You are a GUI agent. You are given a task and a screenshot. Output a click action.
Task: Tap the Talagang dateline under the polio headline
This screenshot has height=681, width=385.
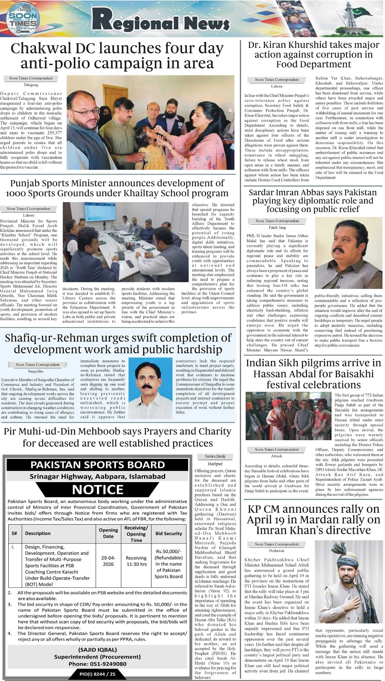coord(31,85)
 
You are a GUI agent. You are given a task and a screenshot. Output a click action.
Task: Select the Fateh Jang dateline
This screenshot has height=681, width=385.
coord(277,227)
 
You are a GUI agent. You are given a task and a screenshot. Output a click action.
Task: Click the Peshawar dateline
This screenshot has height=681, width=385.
coord(277,551)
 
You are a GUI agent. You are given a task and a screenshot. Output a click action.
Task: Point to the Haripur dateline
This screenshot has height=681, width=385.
coord(215,464)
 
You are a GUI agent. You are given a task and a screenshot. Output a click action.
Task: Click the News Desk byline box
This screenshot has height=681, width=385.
coord(215,456)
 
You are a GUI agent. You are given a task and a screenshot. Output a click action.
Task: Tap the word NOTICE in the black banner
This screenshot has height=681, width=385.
coord(98,489)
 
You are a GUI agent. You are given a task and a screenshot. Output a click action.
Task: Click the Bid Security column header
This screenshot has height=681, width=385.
coord(169,534)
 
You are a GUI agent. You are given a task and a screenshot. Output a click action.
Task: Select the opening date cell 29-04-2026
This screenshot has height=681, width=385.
coord(108,561)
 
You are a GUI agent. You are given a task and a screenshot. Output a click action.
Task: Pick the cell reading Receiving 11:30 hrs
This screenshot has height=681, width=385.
coord(136,561)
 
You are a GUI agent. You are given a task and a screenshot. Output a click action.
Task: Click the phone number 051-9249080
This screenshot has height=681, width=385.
coord(97,664)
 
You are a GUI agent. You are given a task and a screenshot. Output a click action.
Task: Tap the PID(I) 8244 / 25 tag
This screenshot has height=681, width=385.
coord(97,674)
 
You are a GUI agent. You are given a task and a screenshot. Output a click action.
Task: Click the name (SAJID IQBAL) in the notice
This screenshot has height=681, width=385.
coord(97,650)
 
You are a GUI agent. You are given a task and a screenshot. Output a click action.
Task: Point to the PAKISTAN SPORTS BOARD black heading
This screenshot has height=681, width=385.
coord(97,465)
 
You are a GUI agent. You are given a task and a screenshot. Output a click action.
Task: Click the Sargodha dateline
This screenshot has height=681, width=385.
coord(36,371)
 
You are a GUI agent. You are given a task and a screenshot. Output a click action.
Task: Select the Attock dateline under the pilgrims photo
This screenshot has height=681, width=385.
coord(277,456)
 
